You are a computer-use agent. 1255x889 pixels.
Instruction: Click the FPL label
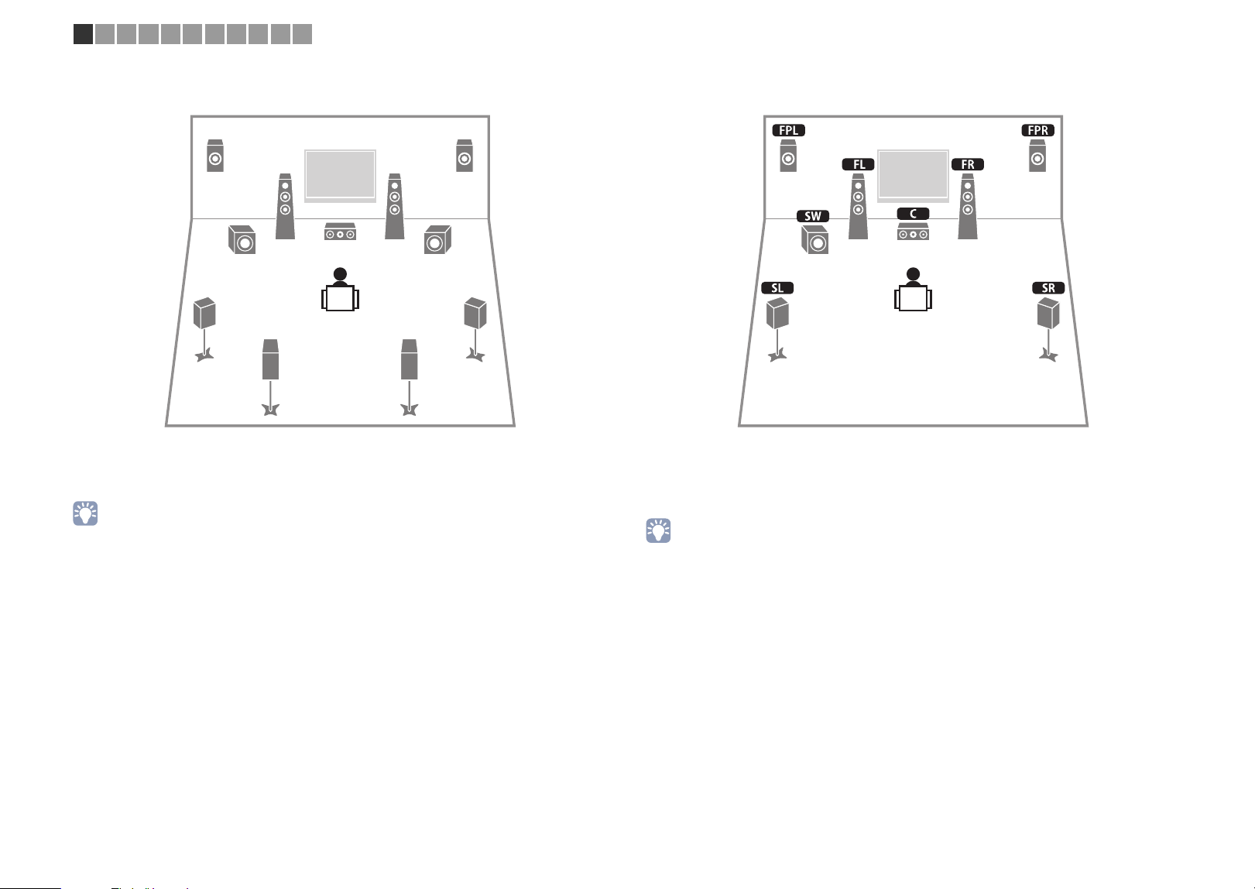coord(788,130)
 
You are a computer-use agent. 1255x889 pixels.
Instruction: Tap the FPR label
coord(1037,130)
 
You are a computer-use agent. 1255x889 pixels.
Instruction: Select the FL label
coord(859,164)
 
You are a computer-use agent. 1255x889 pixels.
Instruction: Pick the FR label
coord(968,164)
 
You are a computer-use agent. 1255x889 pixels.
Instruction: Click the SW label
coord(813,216)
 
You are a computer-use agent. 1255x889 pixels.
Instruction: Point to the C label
coord(914,214)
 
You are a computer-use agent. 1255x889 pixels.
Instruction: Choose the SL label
coord(777,287)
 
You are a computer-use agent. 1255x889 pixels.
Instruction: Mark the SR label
coord(1048,287)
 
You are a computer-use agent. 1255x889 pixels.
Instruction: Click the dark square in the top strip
coord(83,34)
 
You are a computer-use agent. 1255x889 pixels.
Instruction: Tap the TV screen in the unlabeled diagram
coord(340,175)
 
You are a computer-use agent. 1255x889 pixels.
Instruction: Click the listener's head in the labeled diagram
coord(914,274)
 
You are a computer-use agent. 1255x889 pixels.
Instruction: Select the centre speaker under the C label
coord(914,232)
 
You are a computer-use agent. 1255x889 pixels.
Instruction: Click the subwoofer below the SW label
coord(815,240)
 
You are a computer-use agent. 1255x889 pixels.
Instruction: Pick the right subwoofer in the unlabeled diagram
coord(437,240)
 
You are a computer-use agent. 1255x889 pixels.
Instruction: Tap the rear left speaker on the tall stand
coord(271,377)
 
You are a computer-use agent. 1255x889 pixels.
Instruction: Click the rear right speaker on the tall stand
coord(410,377)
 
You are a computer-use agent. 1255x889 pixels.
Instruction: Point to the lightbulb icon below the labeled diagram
coord(658,530)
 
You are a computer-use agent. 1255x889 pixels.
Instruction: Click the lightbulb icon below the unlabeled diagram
coord(85,513)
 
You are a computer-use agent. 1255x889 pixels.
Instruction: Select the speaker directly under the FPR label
coord(1037,156)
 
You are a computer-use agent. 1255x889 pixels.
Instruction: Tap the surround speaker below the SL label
coord(777,330)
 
